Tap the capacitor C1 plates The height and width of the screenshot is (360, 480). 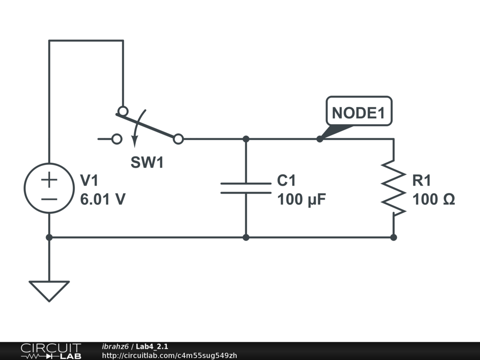(x=246, y=188)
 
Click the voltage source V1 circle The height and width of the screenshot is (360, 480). (x=49, y=188)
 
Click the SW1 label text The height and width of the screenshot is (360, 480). (x=147, y=163)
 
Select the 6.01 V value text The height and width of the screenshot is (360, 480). (x=103, y=200)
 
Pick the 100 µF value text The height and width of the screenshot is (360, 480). (x=301, y=200)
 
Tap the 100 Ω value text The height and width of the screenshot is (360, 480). (x=434, y=200)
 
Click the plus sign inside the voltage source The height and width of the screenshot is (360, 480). (x=49, y=179)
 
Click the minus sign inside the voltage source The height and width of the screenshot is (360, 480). (x=49, y=198)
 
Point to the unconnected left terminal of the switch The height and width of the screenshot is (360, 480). (x=117, y=139)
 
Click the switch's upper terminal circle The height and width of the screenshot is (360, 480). (x=123, y=111)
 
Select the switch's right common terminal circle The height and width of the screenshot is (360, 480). (x=178, y=139)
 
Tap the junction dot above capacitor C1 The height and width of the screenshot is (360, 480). (x=246, y=139)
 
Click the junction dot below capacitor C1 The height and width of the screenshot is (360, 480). (x=246, y=237)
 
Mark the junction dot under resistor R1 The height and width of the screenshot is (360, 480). (x=393, y=237)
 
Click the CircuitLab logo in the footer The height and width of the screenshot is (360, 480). (x=51, y=351)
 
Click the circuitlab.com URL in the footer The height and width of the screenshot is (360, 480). (x=169, y=356)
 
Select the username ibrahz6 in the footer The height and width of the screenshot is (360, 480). (x=115, y=346)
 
